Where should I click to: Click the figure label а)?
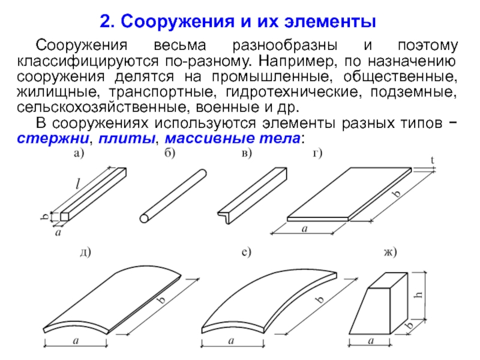point(79,154)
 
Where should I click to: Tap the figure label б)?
point(170,154)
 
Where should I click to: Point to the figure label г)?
point(317,154)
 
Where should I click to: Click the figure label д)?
point(84,252)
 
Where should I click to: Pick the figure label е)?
point(245,252)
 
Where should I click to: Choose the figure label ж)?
point(391,252)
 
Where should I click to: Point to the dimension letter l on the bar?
point(77,182)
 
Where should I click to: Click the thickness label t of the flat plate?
point(433,160)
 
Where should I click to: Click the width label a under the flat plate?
point(304,229)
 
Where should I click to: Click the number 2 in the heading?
point(105,23)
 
